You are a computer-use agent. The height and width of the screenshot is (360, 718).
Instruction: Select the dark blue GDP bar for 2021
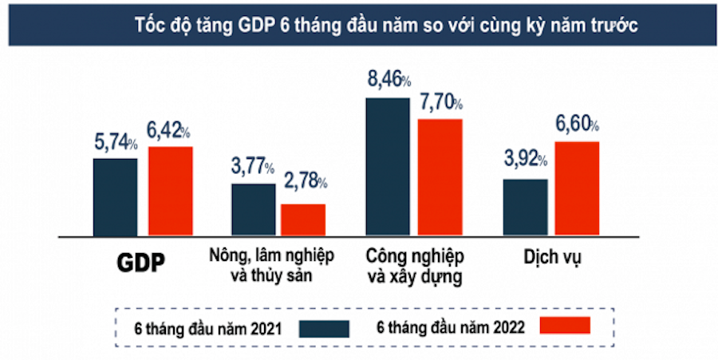115,196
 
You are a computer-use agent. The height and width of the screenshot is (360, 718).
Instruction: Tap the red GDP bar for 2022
170,191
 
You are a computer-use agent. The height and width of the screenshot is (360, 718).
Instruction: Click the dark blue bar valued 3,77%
254,209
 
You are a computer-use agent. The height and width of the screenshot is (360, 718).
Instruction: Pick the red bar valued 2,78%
302,220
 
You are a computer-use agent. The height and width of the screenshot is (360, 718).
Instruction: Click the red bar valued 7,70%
440,176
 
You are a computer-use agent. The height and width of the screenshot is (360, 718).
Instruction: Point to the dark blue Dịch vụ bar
525,207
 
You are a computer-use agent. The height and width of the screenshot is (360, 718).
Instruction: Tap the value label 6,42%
168,131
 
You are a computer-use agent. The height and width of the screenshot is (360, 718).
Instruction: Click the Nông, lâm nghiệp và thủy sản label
271,267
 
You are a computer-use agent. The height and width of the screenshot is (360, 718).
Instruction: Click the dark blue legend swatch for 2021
325,328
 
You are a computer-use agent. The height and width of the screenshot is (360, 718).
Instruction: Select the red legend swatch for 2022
565,325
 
